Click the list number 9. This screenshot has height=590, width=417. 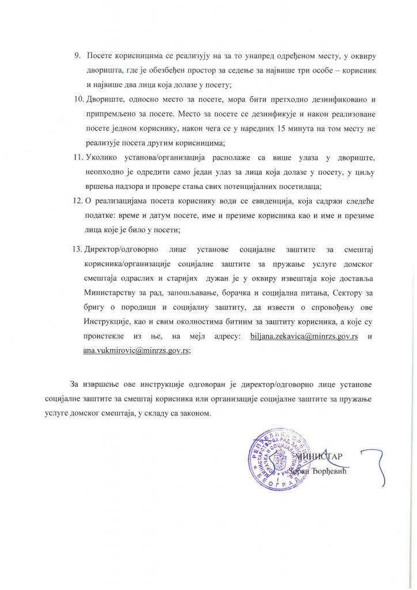point(78,55)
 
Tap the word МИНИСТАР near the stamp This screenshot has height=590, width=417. point(320,457)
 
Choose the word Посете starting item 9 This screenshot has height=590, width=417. point(100,55)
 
